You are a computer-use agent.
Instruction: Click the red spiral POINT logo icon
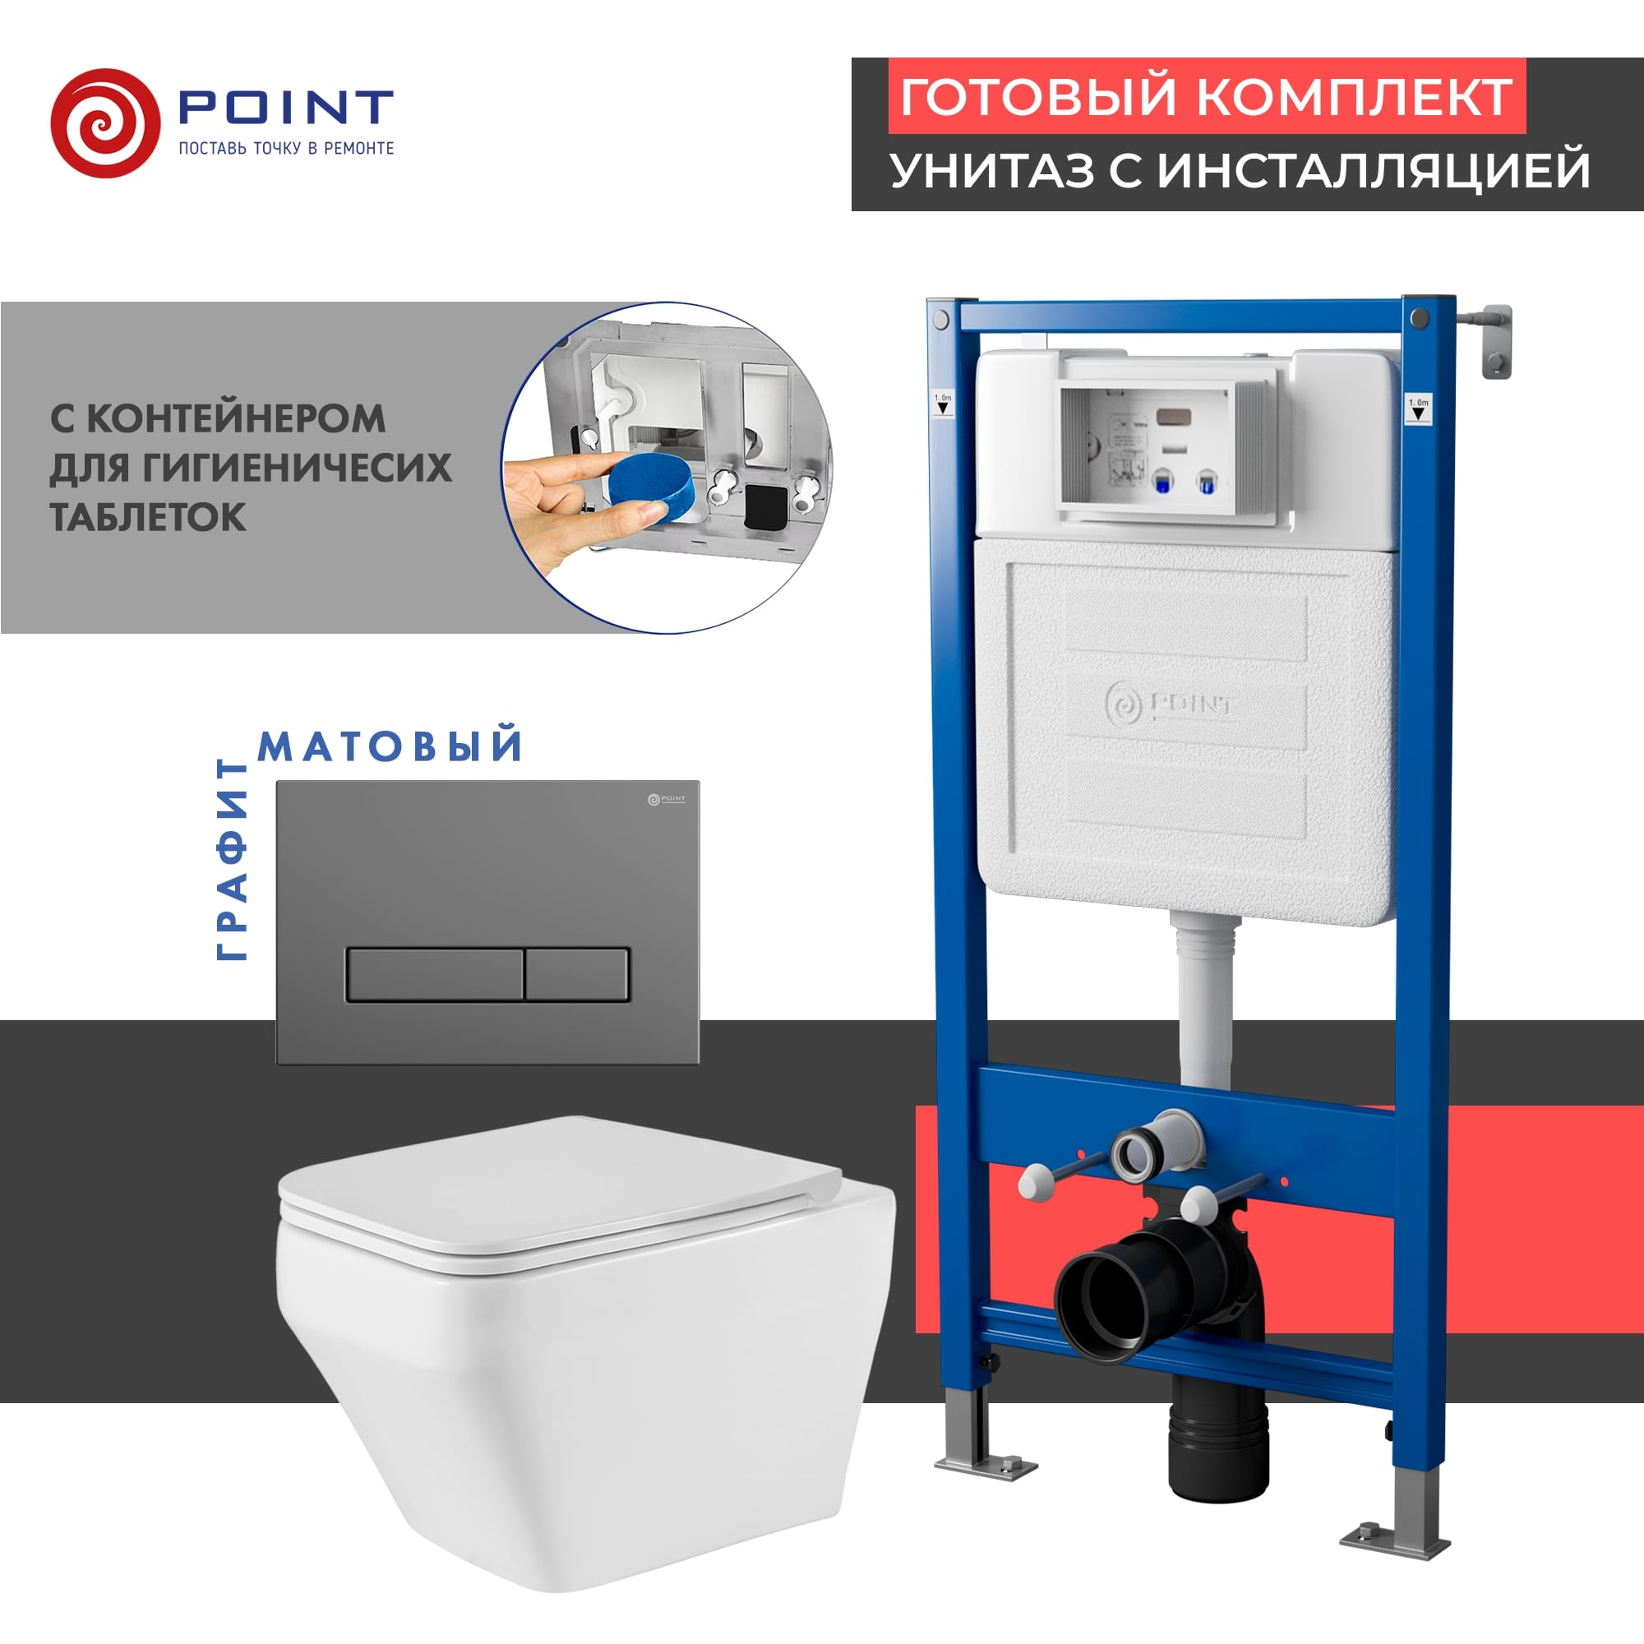(104, 123)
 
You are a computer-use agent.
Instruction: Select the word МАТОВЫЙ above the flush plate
(390, 746)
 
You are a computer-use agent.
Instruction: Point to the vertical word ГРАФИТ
(232, 860)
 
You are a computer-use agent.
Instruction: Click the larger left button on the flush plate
(434, 973)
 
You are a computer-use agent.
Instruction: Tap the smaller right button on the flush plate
(577, 973)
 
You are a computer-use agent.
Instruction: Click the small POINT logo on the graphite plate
(667, 799)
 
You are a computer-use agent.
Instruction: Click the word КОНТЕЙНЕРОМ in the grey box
(236, 418)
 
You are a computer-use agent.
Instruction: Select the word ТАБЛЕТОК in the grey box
(148, 517)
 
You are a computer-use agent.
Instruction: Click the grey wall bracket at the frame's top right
(1494, 340)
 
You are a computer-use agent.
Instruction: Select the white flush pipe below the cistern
(1204, 1004)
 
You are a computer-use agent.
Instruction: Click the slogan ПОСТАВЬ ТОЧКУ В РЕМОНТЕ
(286, 148)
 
